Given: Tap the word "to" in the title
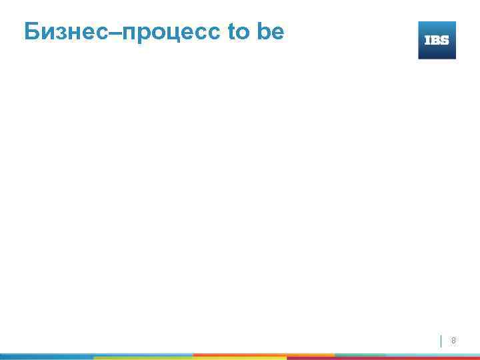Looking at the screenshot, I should click(237, 31).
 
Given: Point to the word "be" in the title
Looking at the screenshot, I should click(269, 31).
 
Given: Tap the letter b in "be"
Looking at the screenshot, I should click(263, 31).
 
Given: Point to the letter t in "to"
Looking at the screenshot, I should click(231, 31).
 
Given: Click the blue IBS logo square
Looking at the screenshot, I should click(437, 40).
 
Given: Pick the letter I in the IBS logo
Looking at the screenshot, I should click(427, 41).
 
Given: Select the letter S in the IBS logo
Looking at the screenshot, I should click(445, 41).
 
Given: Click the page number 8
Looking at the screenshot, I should click(454, 341).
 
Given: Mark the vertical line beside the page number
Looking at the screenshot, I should click(441, 341).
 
